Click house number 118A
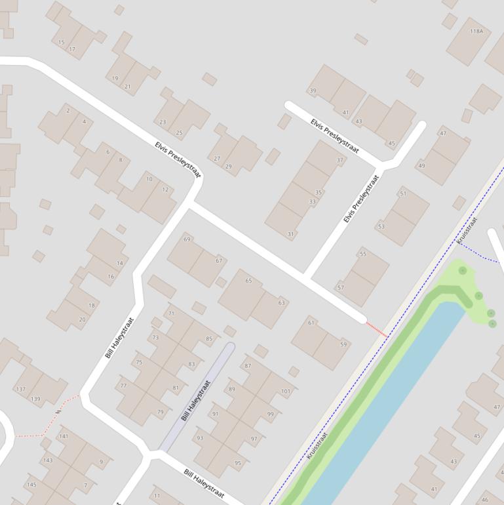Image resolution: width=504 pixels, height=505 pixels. click(476, 31)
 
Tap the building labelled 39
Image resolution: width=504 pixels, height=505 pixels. click(313, 91)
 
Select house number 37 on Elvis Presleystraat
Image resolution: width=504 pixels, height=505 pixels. click(339, 160)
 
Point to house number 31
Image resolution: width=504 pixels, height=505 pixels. click(291, 234)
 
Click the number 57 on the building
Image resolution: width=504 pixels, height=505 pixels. click(340, 287)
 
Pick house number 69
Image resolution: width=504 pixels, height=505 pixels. click(187, 239)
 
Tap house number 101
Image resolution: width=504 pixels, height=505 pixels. click(286, 392)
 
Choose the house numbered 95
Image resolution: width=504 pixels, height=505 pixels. click(238, 463)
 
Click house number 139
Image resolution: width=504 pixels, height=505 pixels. click(35, 399)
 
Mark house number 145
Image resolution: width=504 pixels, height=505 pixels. click(31, 485)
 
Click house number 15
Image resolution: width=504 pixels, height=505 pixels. click(62, 43)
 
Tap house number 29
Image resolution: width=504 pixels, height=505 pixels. click(228, 167)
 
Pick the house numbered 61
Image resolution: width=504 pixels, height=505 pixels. click(311, 323)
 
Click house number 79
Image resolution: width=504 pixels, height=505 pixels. click(161, 413)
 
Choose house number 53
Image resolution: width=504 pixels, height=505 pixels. click(381, 227)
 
